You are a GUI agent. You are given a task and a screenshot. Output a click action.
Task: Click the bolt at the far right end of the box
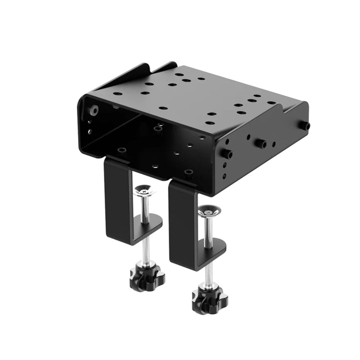click(306, 126)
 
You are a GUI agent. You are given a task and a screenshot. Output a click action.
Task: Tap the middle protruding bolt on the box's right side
click(261, 144)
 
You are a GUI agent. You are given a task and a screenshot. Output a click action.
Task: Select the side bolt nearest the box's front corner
click(229, 154)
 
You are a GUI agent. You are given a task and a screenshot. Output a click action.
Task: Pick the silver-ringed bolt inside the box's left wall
click(94, 110)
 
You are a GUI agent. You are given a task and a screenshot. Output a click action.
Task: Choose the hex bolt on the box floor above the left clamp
click(121, 151)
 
